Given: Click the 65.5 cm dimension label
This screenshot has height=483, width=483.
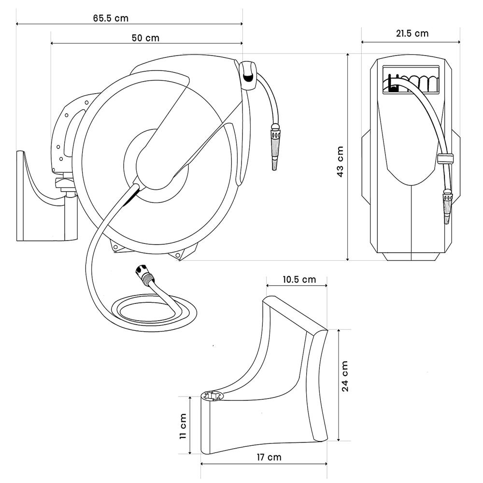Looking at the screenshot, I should tap(111, 18).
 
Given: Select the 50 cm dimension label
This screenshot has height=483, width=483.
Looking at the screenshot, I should tap(145, 38).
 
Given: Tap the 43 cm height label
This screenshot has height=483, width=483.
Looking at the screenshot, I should tap(340, 162).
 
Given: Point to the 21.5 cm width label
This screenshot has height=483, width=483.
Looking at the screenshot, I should tap(412, 33).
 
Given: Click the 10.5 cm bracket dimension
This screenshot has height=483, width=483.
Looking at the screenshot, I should tap(298, 280).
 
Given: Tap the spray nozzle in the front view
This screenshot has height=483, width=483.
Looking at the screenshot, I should tap(446, 205).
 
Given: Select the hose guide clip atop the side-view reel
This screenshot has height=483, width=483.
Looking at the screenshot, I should tap(248, 75).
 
